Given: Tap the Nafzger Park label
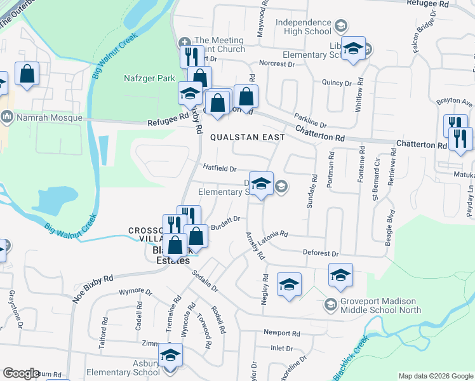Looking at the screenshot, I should pyautogui.click(x=148, y=78).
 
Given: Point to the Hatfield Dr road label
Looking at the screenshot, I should pyautogui.click(x=220, y=169).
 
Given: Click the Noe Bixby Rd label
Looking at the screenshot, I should pyautogui.click(x=93, y=288).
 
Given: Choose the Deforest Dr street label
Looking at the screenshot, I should pyautogui.click(x=321, y=253).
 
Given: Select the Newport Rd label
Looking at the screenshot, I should pyautogui.click(x=281, y=333).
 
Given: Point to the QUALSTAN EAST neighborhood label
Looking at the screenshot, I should pyautogui.click(x=247, y=137).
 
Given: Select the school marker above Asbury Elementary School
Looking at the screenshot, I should pyautogui.click(x=170, y=355).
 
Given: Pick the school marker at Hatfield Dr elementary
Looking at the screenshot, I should pyautogui.click(x=261, y=184).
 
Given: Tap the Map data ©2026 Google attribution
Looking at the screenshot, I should pyautogui.click(x=436, y=376).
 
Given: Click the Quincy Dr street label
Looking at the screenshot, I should pyautogui.click(x=337, y=83).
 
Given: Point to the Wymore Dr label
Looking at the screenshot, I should pyautogui.click(x=136, y=293).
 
